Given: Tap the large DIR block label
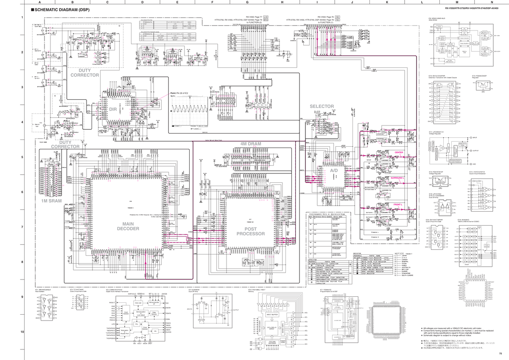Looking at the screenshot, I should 112,109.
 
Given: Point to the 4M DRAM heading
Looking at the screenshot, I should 251,144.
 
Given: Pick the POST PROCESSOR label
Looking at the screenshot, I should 251,231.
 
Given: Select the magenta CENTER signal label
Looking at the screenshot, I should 398,152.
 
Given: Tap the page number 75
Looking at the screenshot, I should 501,354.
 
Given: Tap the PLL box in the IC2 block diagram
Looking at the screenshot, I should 137,324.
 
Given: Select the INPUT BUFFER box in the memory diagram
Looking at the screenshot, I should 272,314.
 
